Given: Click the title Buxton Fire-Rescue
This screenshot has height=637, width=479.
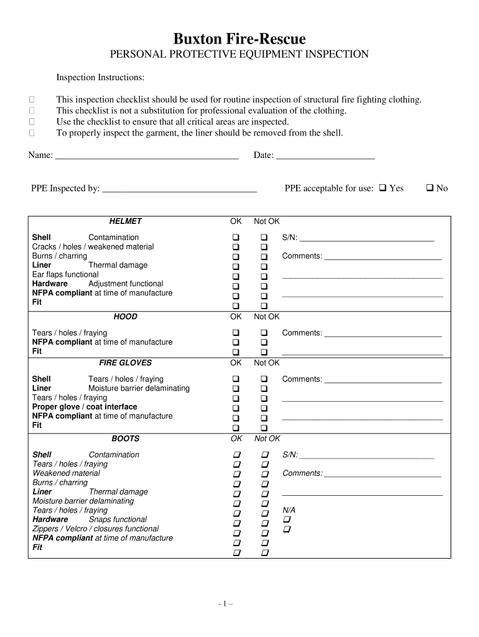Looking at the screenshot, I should (239, 39).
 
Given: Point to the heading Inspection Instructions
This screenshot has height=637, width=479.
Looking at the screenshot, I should (100, 78).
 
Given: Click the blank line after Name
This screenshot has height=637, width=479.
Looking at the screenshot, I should (147, 155).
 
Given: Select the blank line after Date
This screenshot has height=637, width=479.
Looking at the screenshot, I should (325, 155).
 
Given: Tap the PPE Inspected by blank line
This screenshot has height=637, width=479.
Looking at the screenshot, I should (179, 188).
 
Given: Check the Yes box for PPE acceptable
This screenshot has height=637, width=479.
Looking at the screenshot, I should (383, 188).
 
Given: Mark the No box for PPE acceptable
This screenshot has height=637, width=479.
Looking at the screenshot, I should (430, 188).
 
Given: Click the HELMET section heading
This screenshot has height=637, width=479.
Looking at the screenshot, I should (125, 221).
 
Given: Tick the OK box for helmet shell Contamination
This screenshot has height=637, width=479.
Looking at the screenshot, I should (236, 238).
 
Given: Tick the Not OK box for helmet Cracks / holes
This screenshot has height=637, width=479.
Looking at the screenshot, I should (264, 247).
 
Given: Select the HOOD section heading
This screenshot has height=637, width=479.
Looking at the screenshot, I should (125, 317).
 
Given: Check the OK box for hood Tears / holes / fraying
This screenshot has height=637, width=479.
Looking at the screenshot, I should (236, 333).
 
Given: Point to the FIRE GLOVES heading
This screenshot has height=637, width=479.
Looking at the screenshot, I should (125, 363).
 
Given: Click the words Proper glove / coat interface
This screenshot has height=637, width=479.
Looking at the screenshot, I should (85, 407).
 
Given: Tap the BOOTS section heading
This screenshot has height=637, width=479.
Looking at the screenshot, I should (125, 439).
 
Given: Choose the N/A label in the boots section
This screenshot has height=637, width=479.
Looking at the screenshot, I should (289, 510).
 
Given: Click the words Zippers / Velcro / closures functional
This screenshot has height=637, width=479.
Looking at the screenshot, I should (95, 529).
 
